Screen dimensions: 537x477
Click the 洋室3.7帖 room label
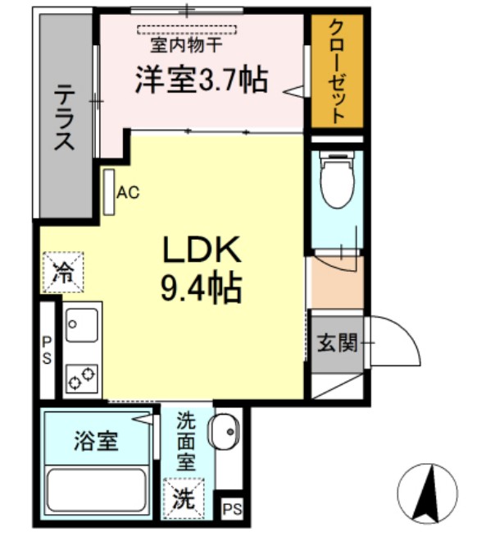(201, 80)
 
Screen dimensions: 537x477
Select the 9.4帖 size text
(202, 287)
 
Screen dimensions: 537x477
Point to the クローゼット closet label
(336, 71)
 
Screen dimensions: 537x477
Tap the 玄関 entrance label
(337, 342)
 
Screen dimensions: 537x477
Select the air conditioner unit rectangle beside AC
(109, 193)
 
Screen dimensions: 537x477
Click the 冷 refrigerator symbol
(62, 272)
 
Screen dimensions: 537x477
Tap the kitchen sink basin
(82, 324)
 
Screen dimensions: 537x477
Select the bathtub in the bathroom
(96, 491)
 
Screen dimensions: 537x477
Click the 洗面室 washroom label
(187, 441)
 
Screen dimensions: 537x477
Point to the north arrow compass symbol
(427, 493)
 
